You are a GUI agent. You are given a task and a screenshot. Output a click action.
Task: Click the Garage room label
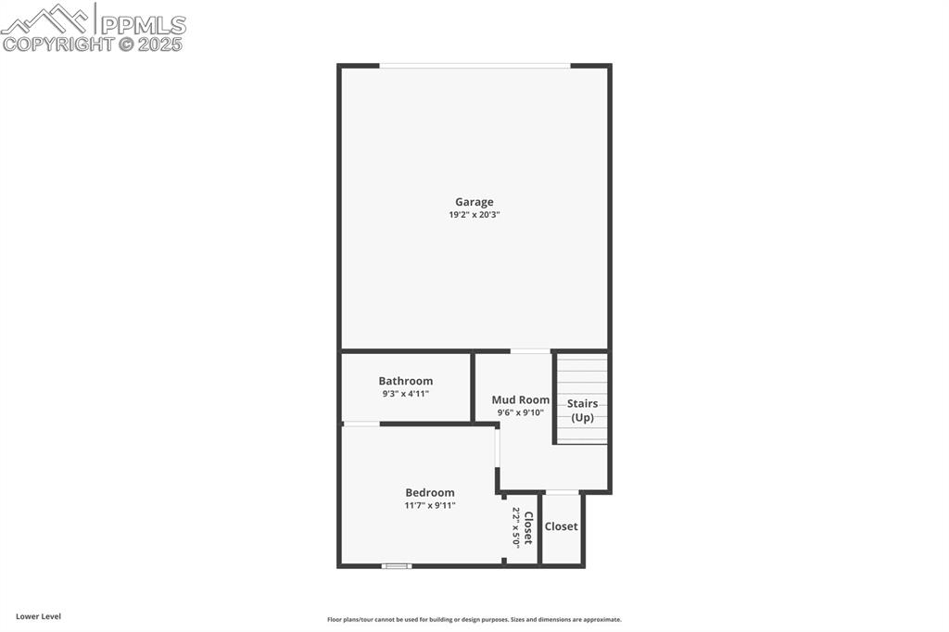(474, 202)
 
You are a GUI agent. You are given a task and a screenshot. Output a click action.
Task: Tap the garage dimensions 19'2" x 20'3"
(474, 215)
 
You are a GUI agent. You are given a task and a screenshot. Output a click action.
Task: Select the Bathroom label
(405, 381)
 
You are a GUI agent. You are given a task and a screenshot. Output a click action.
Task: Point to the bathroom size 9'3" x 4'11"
(405, 394)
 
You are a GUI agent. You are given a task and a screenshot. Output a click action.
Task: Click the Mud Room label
(520, 400)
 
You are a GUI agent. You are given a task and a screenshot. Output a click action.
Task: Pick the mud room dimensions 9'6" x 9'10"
(520, 413)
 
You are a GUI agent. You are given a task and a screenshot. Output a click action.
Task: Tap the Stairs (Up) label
(582, 411)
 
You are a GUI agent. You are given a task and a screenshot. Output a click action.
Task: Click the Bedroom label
(430, 493)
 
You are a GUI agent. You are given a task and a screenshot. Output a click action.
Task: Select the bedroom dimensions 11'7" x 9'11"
(430, 506)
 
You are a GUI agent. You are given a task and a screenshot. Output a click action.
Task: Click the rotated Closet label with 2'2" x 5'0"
(528, 527)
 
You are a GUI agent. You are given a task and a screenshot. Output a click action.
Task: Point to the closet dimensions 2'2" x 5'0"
(516, 527)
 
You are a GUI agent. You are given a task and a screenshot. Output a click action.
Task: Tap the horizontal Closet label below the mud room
(561, 526)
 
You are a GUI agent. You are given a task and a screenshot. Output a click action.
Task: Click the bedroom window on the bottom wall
(397, 565)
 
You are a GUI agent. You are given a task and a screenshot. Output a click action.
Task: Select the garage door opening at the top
(474, 66)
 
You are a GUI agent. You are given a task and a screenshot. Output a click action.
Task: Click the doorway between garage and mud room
(530, 351)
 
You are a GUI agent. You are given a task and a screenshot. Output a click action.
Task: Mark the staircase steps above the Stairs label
(582, 374)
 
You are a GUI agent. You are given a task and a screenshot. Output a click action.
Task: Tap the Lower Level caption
(38, 616)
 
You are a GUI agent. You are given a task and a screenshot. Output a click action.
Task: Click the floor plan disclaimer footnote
(474, 620)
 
